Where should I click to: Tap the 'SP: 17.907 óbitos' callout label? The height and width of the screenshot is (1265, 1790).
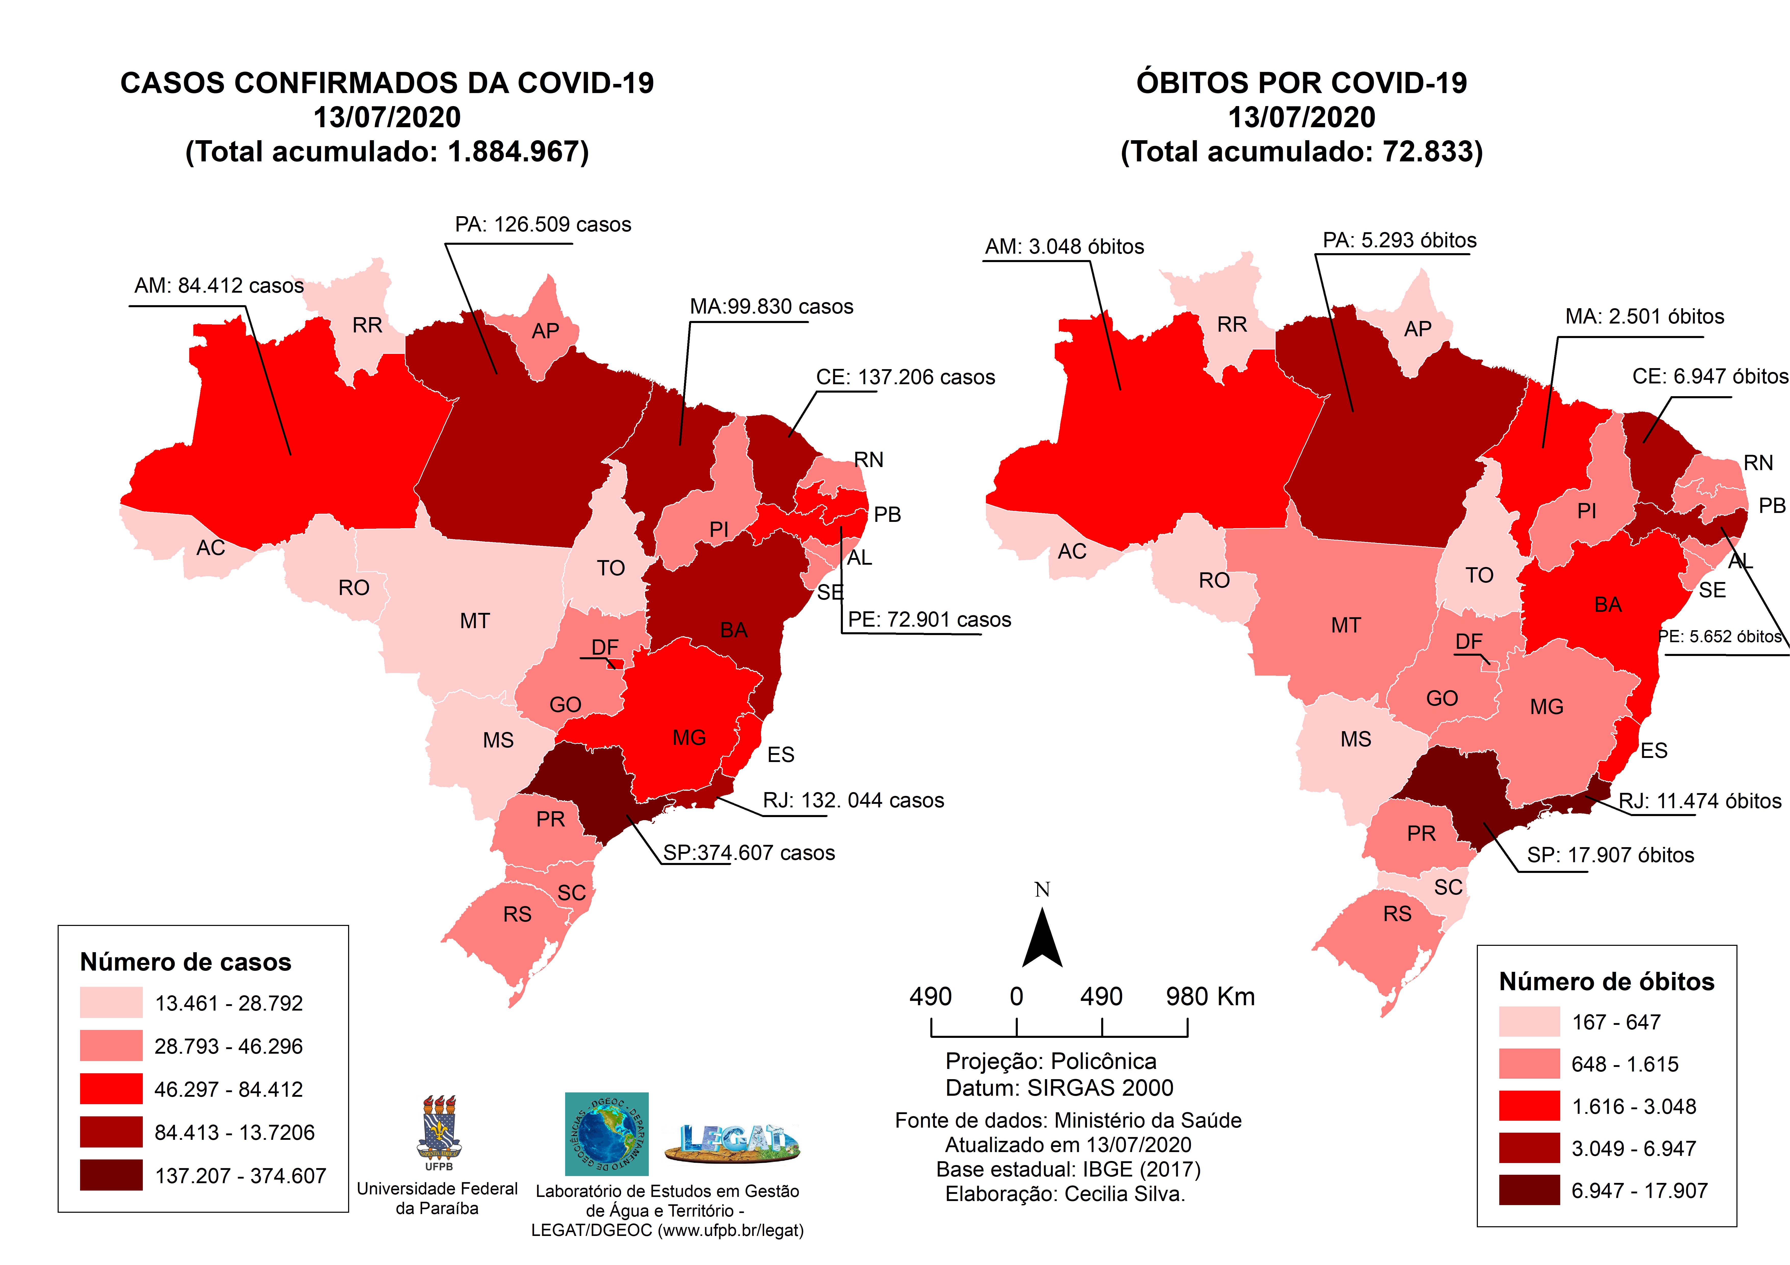1610,855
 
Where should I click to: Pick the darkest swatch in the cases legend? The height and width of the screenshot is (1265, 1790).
111,1174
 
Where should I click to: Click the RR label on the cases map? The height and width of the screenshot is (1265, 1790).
367,325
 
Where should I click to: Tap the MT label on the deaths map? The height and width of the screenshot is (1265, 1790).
1345,625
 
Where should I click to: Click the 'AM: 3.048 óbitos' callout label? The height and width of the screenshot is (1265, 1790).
1064,247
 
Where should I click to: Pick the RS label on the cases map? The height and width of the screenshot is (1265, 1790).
517,914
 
